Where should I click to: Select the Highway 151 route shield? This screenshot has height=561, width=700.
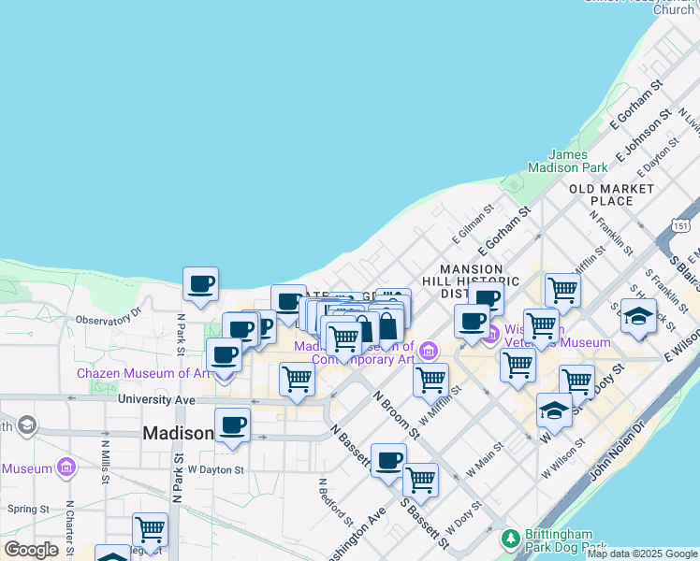tap(680, 225)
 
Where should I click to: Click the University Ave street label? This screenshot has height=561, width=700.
tap(156, 400)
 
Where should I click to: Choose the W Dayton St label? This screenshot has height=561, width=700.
tap(215, 469)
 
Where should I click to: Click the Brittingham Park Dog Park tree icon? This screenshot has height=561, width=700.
tap(510, 539)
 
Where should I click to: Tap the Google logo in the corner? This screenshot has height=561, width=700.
tap(30, 550)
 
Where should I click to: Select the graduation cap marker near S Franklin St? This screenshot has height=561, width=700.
tap(637, 316)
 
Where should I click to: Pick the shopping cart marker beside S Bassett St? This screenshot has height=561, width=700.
tap(420, 481)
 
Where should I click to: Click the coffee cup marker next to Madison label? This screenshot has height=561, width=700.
tap(232, 425)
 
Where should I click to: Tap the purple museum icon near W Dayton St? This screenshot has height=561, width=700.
tap(66, 466)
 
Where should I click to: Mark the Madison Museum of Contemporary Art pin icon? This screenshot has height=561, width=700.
tap(429, 351)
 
